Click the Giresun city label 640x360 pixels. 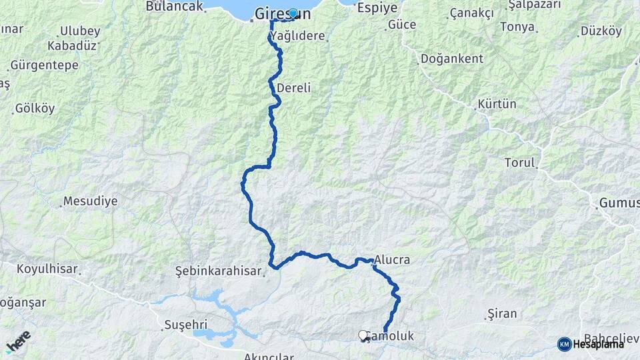(x=283, y=13)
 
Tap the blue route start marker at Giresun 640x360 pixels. (x=293, y=13)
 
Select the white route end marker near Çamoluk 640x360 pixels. (x=363, y=335)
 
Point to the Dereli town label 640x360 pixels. (x=293, y=88)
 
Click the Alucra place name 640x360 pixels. (x=392, y=260)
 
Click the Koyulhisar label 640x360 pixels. (x=49, y=270)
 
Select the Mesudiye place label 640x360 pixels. (x=90, y=201)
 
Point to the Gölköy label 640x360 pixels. (x=35, y=108)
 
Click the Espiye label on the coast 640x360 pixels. (x=377, y=8)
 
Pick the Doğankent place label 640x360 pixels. (x=452, y=59)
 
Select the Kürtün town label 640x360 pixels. (x=497, y=105)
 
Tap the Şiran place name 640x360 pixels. (x=502, y=312)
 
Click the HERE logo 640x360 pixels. (x=18, y=341)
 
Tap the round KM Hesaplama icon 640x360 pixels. (x=565, y=344)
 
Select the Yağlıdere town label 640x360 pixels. (x=300, y=37)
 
